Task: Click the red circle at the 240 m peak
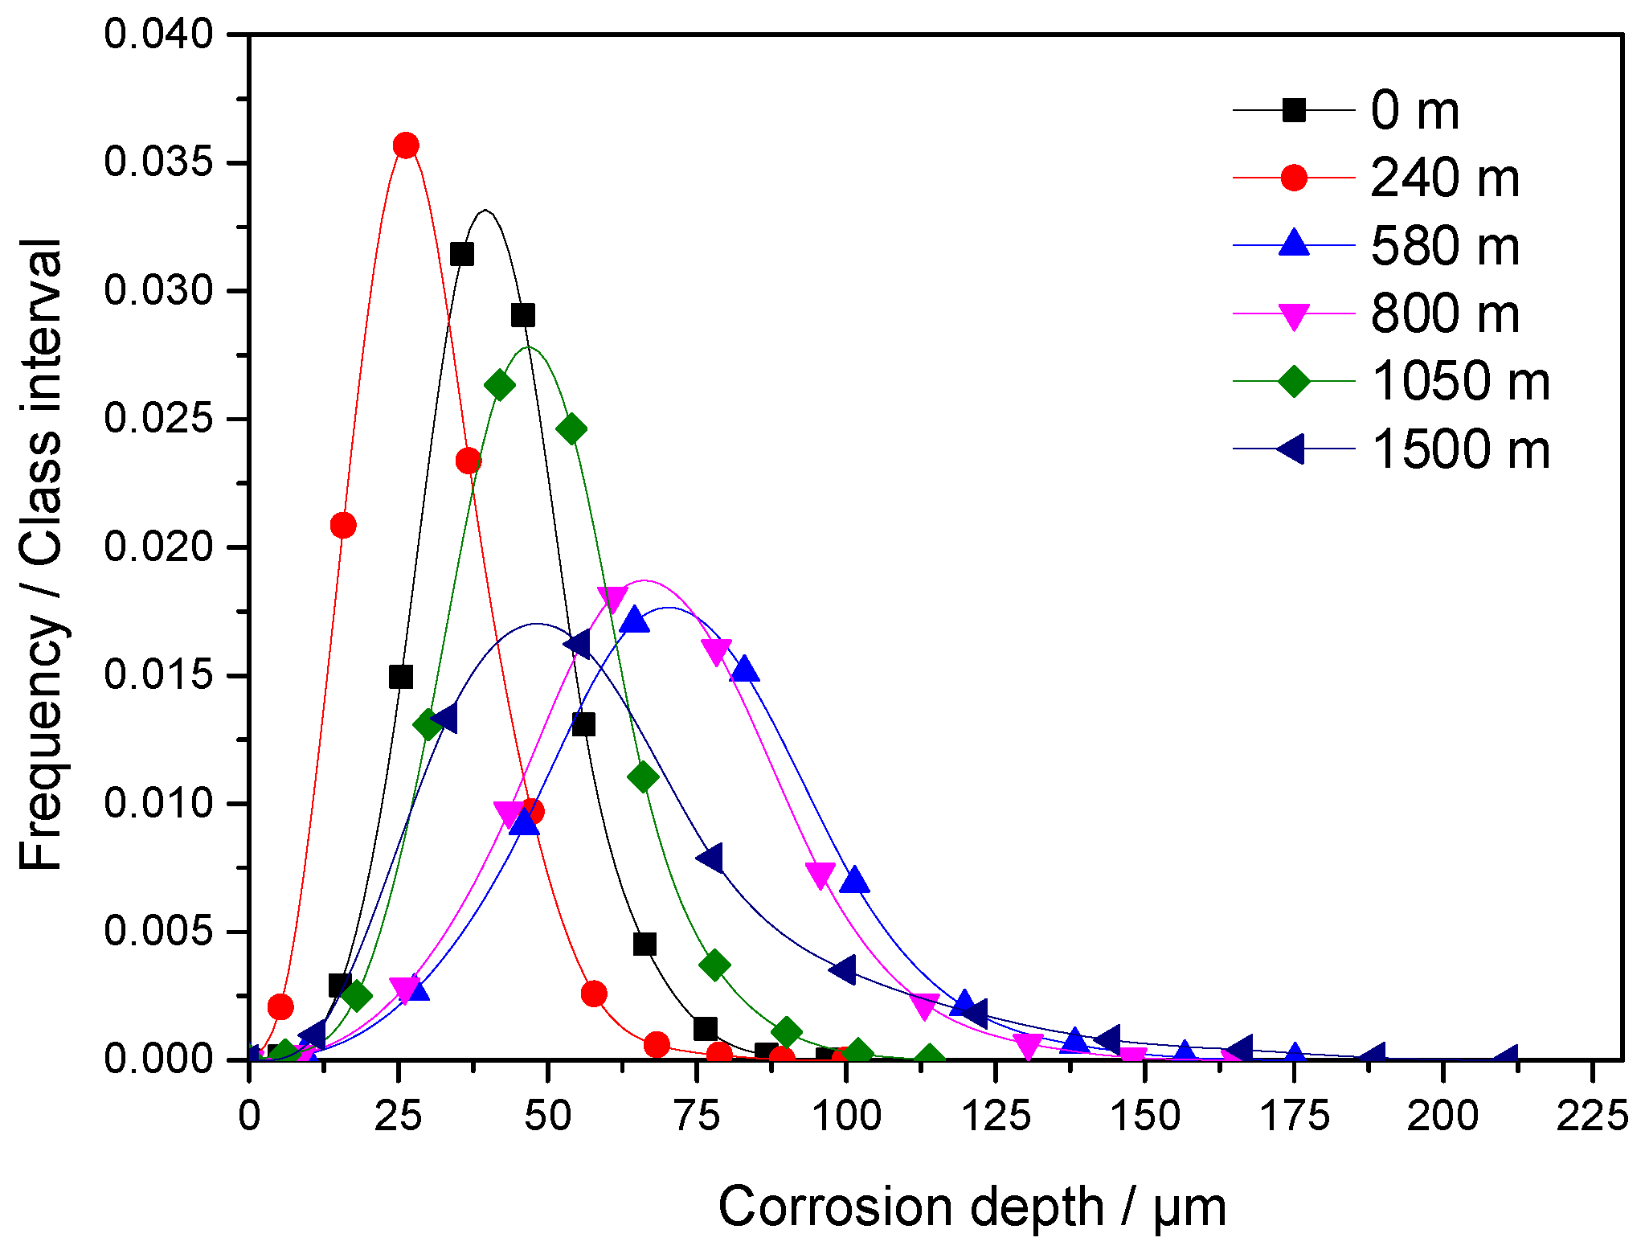[406, 145]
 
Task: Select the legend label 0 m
[1414, 110]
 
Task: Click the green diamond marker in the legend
[1294, 381]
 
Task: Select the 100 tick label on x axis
[846, 1116]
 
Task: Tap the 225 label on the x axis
[1592, 1116]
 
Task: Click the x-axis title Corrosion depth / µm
[972, 1207]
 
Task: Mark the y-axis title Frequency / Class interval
[40, 555]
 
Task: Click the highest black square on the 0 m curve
[461, 255]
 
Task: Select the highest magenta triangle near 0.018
[612, 598]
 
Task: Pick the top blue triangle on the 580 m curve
[635, 621]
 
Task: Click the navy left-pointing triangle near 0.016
[577, 644]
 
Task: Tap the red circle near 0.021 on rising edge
[343, 526]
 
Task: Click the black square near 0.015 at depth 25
[401, 677]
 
